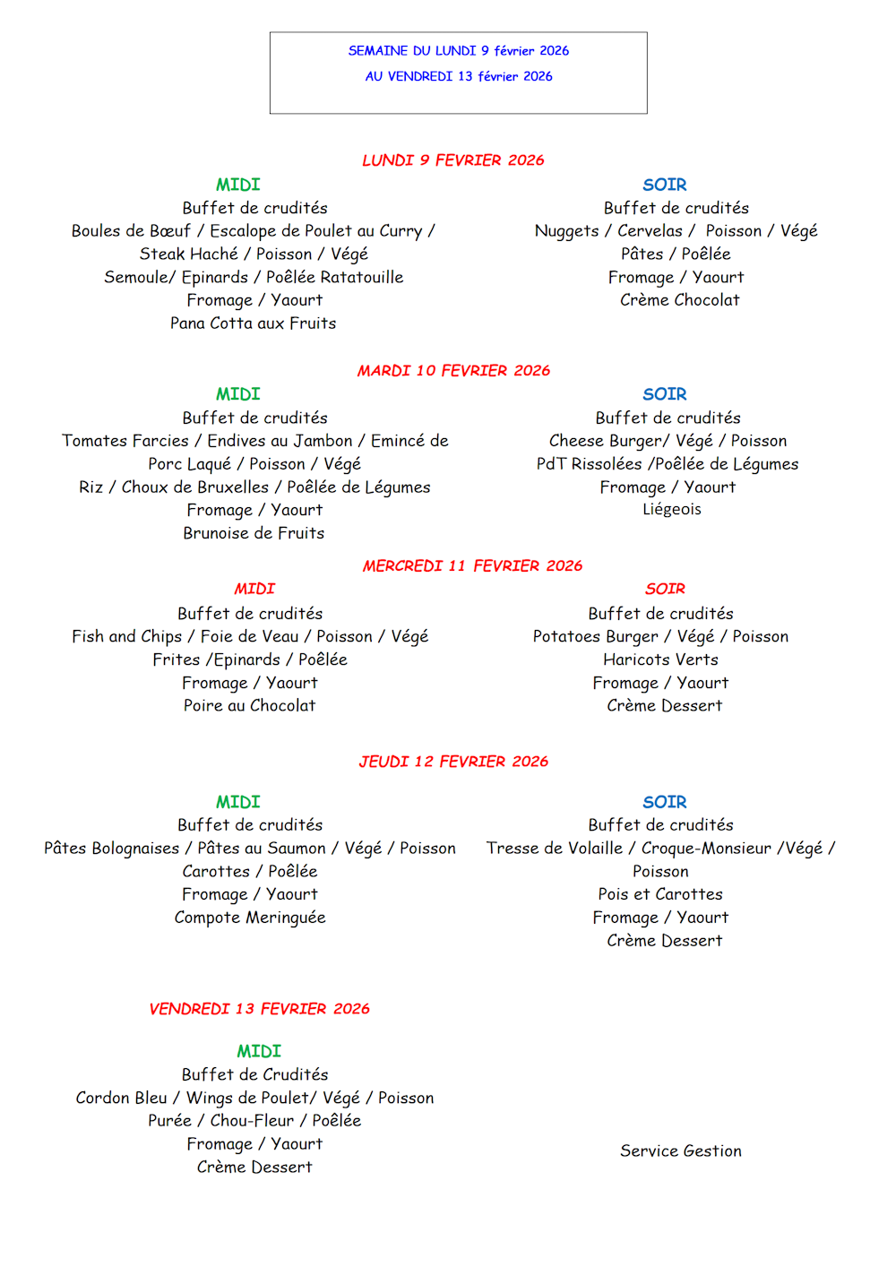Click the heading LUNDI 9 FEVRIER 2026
coord(452,160)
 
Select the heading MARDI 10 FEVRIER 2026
coord(453,371)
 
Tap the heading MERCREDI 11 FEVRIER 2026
coord(472,566)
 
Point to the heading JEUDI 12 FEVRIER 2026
coord(453,762)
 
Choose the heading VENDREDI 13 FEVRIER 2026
coord(259,1009)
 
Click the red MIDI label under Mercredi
coord(254,589)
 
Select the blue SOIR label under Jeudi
coord(664,802)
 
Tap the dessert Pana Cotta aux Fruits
coord(254,323)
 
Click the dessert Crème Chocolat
coord(679,300)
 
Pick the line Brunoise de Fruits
coord(254,533)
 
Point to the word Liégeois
coord(671,509)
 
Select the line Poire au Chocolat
coord(249,706)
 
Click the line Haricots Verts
coord(660,659)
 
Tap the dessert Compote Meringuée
coord(250,918)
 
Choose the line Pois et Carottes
coord(660,894)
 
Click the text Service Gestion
coord(680,1151)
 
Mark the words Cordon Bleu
coord(121,1098)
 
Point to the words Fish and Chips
coord(126,636)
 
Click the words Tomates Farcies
coord(125,441)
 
